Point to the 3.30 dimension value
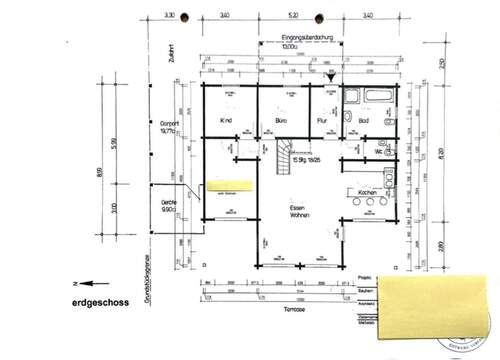tap(169, 16)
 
